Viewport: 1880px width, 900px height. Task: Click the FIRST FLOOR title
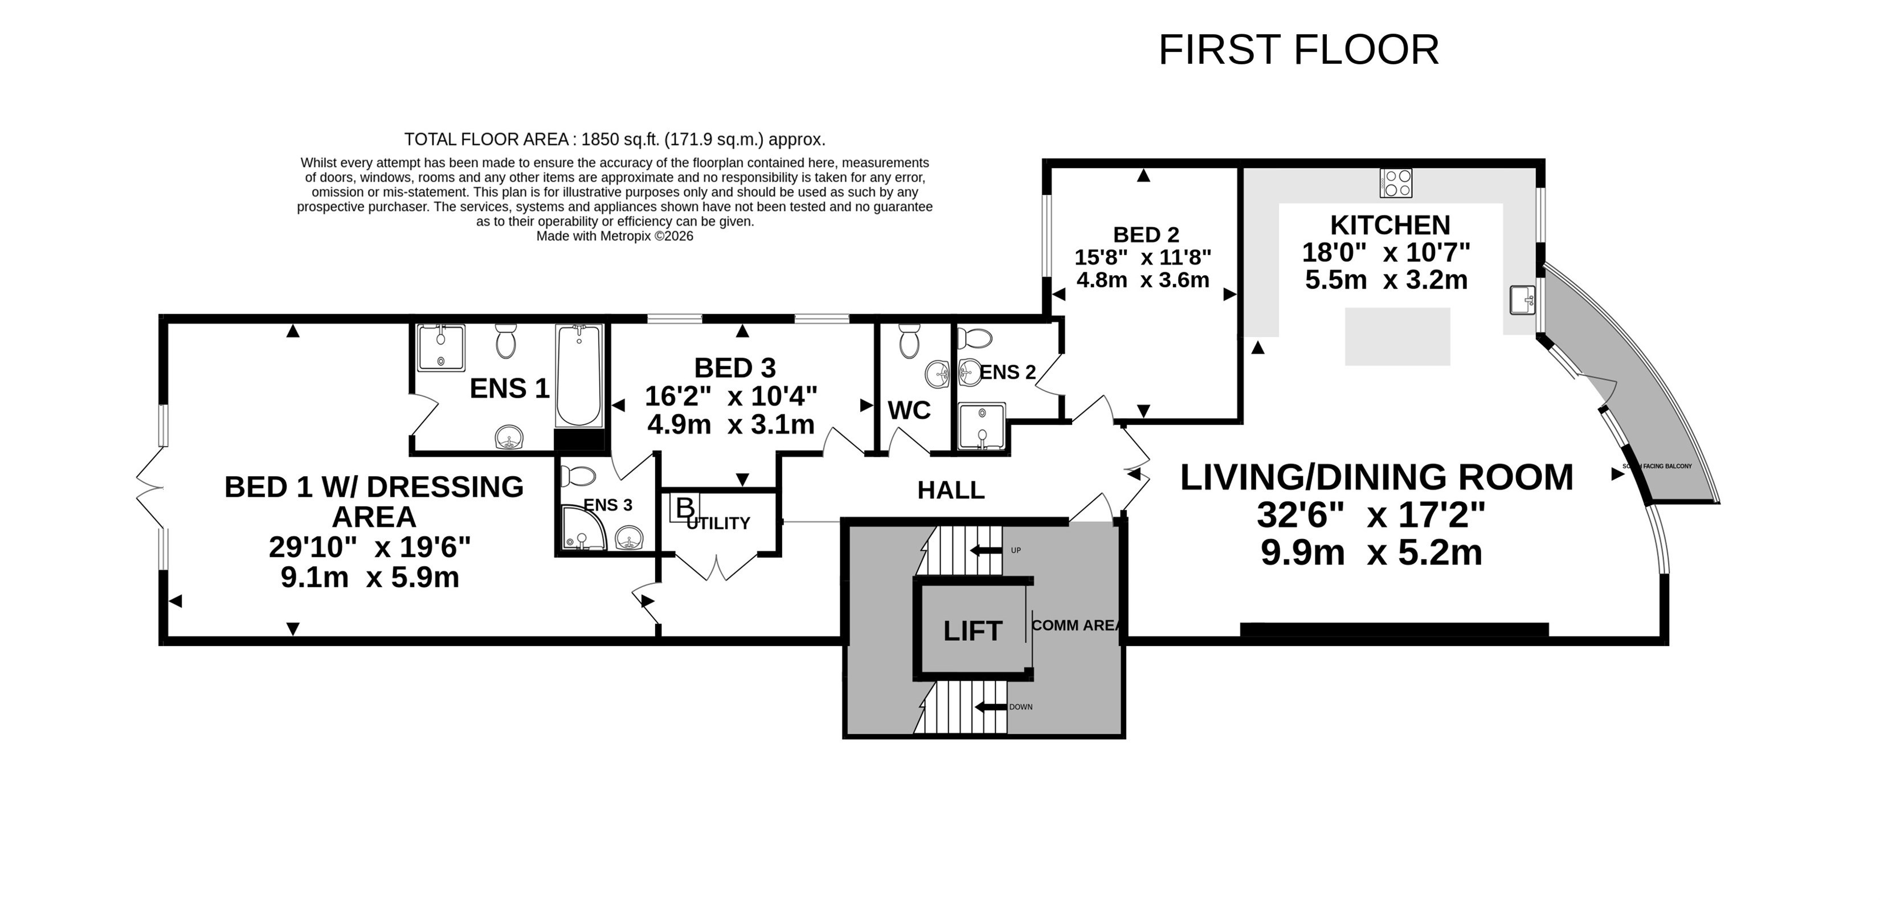1298,50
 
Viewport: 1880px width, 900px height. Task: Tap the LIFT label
973,631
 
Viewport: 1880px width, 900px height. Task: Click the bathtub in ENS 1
578,376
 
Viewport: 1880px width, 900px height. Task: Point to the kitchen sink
1522,299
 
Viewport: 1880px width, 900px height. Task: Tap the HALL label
951,490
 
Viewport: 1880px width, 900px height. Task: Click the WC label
909,410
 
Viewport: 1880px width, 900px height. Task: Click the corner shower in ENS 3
584,527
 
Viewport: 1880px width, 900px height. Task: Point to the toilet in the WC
909,341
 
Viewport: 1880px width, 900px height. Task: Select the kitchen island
1397,337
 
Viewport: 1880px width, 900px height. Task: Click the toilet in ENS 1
506,341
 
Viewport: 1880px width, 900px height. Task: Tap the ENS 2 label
1007,373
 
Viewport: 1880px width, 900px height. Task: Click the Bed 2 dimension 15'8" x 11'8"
1143,257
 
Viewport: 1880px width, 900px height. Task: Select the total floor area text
615,140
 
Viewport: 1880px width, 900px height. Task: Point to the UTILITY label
718,523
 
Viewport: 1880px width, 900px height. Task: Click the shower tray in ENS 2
982,426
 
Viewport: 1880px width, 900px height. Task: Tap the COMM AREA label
1075,625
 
